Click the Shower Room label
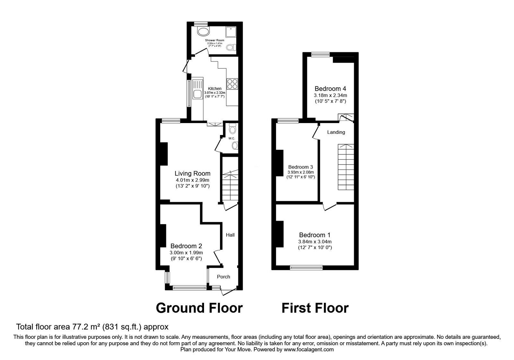tap(215, 40)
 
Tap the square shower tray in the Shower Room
tap(231, 32)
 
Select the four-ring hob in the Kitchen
tap(232, 84)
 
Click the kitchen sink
tap(197, 89)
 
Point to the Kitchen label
tap(215, 89)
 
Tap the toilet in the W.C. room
tap(233, 129)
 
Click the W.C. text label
tap(232, 139)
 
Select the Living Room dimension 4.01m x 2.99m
tap(192, 180)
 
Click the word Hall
tap(230, 235)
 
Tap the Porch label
tap(224, 277)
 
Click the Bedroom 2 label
tap(186, 246)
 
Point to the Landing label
tap(336, 132)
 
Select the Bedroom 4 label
tap(330, 89)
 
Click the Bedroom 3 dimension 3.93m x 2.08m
tap(301, 172)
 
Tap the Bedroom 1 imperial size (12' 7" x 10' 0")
tap(315, 248)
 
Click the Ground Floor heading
tap(199, 308)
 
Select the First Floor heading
tap(315, 308)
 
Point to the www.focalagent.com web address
tap(309, 349)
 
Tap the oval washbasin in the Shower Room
tap(203, 32)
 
